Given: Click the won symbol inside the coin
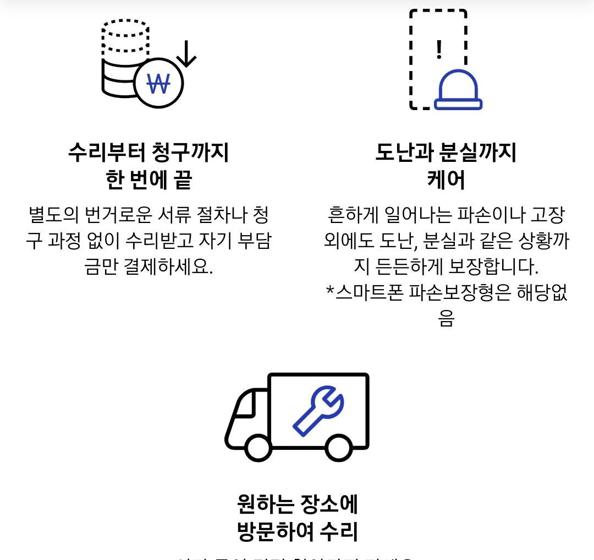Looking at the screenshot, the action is tap(158, 84).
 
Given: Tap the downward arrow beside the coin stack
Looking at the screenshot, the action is tap(186, 54).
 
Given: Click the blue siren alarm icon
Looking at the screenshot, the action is tap(458, 90).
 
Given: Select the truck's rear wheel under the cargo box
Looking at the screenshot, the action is tap(338, 447).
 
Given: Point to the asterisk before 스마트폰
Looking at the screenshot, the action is tap(331, 291).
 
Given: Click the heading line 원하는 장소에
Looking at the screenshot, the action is tap(297, 504).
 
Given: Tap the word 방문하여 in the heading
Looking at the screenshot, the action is tap(276, 532).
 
